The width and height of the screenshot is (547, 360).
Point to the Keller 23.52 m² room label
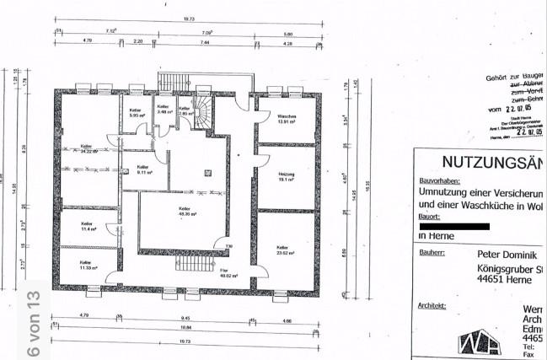[x=283, y=250]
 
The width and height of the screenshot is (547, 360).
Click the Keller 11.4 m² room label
[x=87, y=226]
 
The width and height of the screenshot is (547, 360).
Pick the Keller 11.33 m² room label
[x=87, y=266]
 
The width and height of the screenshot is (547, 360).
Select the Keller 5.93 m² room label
[x=134, y=113]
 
